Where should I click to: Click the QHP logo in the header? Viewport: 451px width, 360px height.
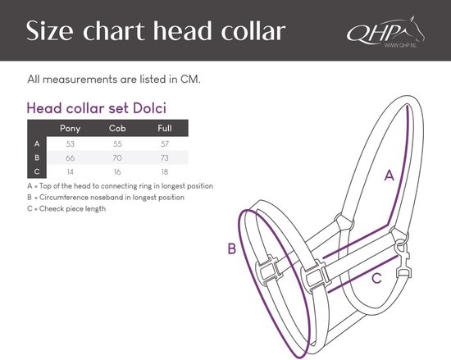(x=385, y=31)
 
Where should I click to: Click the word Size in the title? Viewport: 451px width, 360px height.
(x=49, y=30)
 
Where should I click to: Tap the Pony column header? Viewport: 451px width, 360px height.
(x=70, y=128)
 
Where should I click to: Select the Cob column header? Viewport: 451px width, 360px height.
(x=117, y=128)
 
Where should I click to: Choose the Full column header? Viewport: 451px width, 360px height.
(x=165, y=128)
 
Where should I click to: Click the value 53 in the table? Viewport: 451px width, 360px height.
(x=71, y=144)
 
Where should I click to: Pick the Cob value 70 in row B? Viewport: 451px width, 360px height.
(x=117, y=158)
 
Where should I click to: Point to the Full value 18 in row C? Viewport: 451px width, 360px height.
(x=165, y=172)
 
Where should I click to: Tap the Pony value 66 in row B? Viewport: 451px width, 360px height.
(x=71, y=158)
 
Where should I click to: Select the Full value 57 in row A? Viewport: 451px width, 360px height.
(x=165, y=144)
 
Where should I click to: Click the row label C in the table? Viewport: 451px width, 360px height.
(x=37, y=171)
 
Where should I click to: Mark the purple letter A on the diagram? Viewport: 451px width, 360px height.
(x=389, y=175)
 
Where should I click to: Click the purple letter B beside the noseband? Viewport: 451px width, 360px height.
(x=232, y=248)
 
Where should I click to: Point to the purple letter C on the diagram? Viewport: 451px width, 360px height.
(x=376, y=278)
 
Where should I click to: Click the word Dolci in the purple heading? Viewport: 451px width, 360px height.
(x=149, y=108)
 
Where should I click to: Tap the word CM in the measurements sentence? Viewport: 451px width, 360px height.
(x=190, y=80)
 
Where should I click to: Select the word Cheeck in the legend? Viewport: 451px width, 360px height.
(x=52, y=208)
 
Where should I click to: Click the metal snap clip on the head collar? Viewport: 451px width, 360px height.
(x=403, y=260)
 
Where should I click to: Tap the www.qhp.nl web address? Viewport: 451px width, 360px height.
(x=401, y=45)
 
